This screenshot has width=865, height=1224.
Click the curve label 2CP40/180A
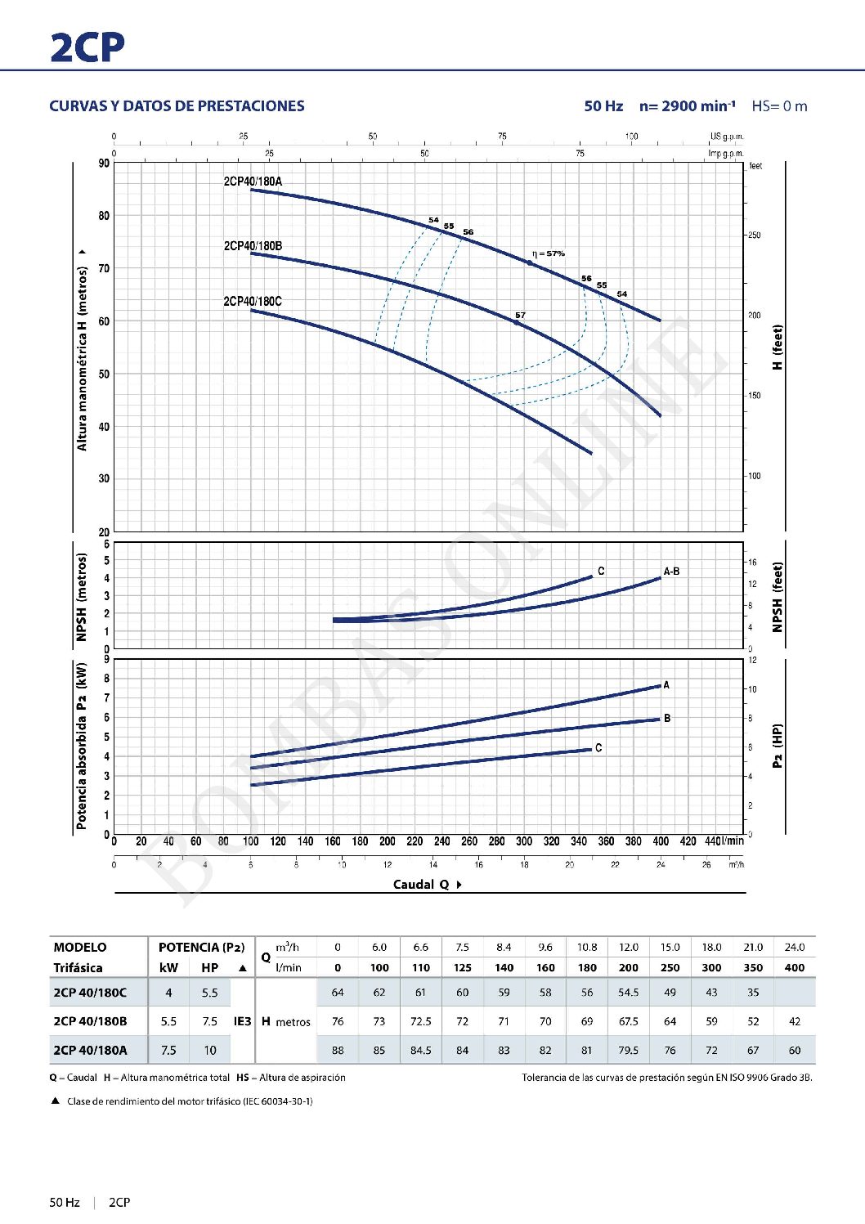[x=253, y=182]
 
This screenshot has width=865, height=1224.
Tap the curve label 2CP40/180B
[x=253, y=246]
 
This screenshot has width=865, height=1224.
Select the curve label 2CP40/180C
[x=253, y=302]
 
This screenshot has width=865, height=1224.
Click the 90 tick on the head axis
[x=104, y=164]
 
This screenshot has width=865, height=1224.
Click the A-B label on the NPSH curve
[x=671, y=572]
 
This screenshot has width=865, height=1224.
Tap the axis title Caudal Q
[x=421, y=885]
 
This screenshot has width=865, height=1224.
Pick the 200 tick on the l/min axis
[x=387, y=841]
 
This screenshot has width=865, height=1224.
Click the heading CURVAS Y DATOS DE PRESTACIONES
[x=177, y=106]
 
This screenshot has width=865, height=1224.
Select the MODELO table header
[x=80, y=948]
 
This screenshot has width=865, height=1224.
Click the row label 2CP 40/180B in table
[x=90, y=1021]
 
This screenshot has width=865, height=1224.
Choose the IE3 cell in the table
[x=243, y=1021]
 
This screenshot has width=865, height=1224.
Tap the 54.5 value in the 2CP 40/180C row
[x=628, y=993]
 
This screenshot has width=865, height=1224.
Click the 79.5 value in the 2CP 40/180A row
[x=628, y=1051]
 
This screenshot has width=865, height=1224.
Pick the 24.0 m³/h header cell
[x=794, y=948]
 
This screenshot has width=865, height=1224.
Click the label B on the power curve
[x=667, y=719]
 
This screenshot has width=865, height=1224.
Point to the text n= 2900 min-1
[x=687, y=106]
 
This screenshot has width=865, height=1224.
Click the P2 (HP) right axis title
[x=778, y=746]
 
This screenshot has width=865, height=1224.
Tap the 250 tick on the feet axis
[x=754, y=235]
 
